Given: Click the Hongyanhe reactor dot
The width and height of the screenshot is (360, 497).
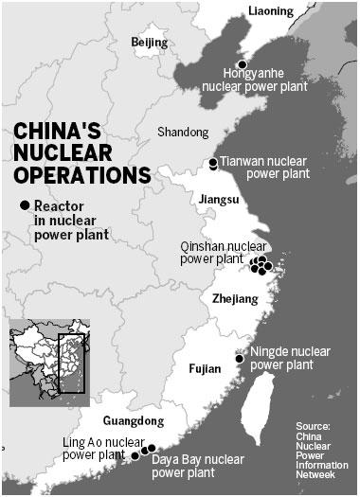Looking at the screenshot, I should (242, 63).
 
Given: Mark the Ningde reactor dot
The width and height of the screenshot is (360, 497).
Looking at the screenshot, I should (239, 358).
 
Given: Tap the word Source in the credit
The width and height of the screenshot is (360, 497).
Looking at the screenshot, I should (313, 427).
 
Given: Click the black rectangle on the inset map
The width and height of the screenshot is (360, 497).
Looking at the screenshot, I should (71, 363).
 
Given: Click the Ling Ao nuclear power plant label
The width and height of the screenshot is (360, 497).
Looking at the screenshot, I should (93, 449).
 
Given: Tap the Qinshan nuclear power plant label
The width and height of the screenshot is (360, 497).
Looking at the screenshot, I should (223, 251).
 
